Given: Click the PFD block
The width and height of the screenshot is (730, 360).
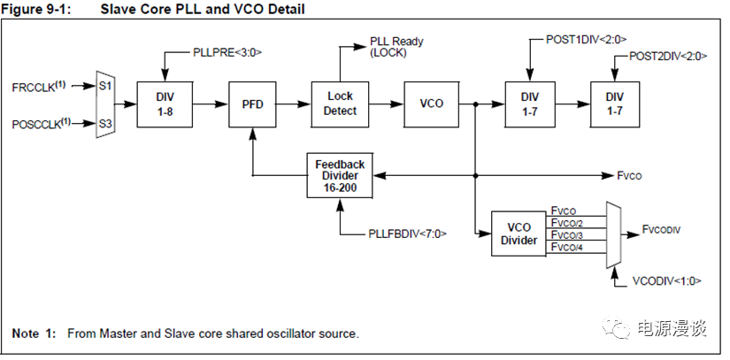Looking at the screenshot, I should [253, 103].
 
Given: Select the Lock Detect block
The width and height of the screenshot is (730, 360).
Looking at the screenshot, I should [341, 103].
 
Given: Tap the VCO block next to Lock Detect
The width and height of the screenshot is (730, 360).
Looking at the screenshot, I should [431, 103].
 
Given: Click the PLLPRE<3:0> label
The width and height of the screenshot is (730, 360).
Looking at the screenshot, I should [227, 53].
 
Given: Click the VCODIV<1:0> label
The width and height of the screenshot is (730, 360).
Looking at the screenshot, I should [667, 281].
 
